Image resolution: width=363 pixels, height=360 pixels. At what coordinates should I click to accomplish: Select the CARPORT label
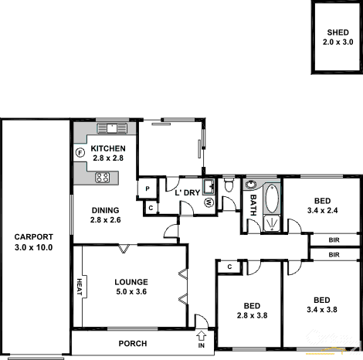[33, 237]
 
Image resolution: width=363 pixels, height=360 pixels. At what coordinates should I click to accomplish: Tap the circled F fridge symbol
[80, 152]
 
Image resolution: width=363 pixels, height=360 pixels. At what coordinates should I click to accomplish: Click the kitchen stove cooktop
[103, 177]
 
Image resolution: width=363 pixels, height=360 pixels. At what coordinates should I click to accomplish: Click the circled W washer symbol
[209, 203]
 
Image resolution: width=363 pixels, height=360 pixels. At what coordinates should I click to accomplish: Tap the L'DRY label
[187, 192]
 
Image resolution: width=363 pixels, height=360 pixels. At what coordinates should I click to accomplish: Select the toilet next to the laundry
[229, 186]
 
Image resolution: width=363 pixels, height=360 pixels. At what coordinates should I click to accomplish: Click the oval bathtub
[271, 199]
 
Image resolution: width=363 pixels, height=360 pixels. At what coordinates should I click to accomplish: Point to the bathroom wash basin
[252, 185]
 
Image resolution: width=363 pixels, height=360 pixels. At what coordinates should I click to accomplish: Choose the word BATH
[253, 206]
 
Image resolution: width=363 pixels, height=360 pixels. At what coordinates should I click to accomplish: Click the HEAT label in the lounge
[80, 287]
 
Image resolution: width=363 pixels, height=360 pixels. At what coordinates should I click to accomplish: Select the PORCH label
[132, 343]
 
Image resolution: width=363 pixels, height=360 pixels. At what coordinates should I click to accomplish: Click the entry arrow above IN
[202, 335]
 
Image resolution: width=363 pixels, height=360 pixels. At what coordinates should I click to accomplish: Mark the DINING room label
[106, 210]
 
